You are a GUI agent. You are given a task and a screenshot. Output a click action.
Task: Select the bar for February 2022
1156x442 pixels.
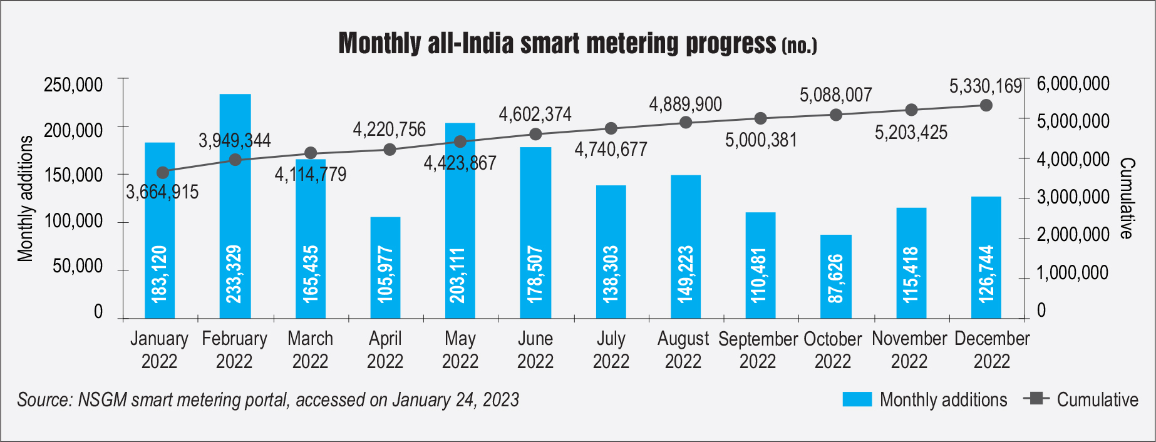click(x=235, y=207)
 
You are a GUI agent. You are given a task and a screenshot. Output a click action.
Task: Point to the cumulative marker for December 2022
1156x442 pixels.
click(x=986, y=105)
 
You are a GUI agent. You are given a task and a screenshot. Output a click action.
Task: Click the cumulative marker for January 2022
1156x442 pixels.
click(x=163, y=173)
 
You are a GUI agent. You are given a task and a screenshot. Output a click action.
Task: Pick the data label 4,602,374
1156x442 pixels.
click(x=535, y=115)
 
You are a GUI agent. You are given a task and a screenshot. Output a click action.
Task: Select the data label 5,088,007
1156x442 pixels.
click(x=835, y=95)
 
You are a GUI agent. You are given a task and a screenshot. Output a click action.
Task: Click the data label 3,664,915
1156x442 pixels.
click(x=162, y=192)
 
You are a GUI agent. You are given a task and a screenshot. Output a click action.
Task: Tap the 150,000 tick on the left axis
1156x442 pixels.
click(x=73, y=175)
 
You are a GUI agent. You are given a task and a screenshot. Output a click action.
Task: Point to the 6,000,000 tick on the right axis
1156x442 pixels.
click(x=1073, y=84)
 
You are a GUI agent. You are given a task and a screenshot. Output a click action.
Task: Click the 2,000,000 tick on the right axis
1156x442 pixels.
click(x=1073, y=235)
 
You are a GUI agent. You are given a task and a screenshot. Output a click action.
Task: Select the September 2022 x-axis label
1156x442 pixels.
click(x=758, y=349)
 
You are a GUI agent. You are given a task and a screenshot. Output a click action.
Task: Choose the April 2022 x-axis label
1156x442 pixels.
click(x=384, y=349)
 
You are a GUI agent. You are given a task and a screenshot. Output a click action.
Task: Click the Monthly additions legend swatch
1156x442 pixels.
click(x=857, y=399)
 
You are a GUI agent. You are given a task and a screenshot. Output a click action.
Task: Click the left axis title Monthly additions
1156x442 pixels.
click(x=25, y=198)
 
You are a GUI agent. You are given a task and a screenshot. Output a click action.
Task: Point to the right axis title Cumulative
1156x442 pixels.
click(x=1127, y=198)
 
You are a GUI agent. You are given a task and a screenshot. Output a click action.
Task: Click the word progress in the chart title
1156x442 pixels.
click(x=731, y=43)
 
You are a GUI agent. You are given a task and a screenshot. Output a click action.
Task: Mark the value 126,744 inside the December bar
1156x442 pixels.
click(x=986, y=274)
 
